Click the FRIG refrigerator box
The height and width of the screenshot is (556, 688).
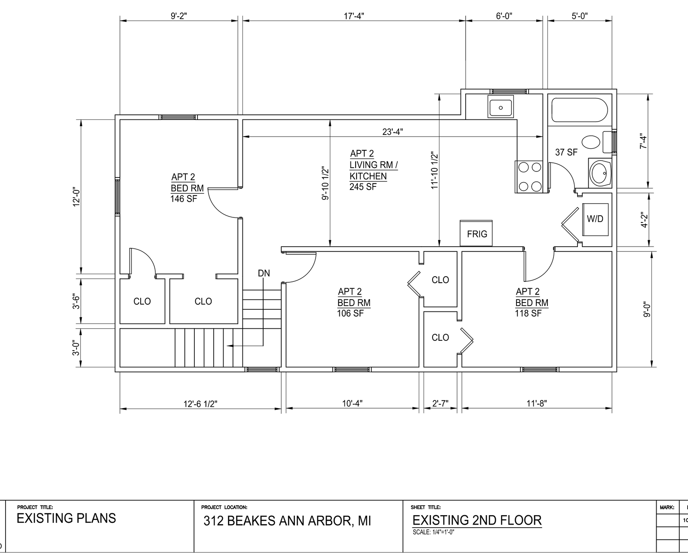point(476,233)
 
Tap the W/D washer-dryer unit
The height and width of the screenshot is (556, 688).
point(595,220)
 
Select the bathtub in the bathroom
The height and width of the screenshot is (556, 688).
point(580,110)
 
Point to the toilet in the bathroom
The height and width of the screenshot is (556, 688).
point(597,142)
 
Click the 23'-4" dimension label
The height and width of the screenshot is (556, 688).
point(393,131)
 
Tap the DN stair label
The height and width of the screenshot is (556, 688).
point(264,273)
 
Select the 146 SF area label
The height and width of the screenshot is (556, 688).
point(184,199)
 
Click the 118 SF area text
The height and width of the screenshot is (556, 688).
point(528,313)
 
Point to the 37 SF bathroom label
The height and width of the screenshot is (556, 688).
point(566,152)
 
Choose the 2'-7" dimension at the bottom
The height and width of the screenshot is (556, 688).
point(440,403)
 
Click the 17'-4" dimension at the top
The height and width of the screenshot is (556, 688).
point(354,16)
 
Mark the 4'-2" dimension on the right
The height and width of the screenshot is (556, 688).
point(644,220)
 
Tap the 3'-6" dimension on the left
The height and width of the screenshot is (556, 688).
point(76,301)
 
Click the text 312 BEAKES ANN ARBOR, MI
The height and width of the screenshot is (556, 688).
point(287,521)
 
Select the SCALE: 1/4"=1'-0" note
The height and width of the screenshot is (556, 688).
point(433,532)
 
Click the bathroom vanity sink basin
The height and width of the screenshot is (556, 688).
point(600,173)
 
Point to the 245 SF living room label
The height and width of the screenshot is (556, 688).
point(363,187)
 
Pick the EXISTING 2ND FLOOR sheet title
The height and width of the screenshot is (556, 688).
point(477,520)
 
